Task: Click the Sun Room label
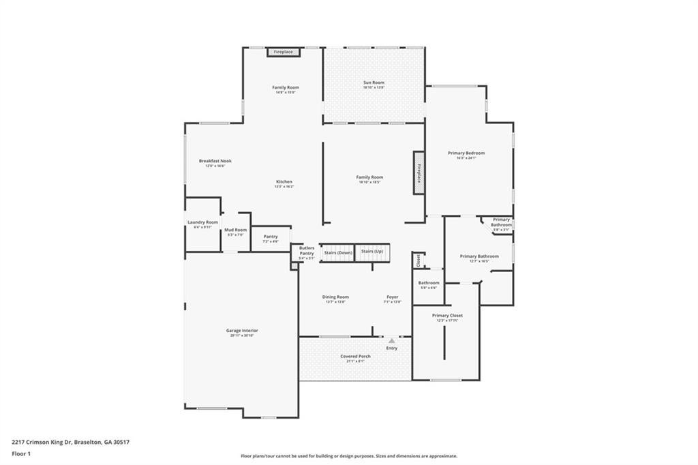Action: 374,82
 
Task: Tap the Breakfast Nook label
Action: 215,161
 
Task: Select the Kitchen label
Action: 284,181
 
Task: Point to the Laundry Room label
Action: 203,222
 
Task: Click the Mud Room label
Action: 236,230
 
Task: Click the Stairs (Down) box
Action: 338,252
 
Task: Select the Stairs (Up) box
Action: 372,252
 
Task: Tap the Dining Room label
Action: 335,297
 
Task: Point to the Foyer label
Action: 393,297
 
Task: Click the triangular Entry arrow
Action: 392,340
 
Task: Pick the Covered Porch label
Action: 356,356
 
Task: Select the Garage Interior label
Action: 242,331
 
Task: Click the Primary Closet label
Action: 447,316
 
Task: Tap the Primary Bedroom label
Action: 466,153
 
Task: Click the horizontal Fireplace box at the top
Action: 284,52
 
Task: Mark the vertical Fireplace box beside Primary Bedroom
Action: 419,173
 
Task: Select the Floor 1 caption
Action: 21,453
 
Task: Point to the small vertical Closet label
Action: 419,260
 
